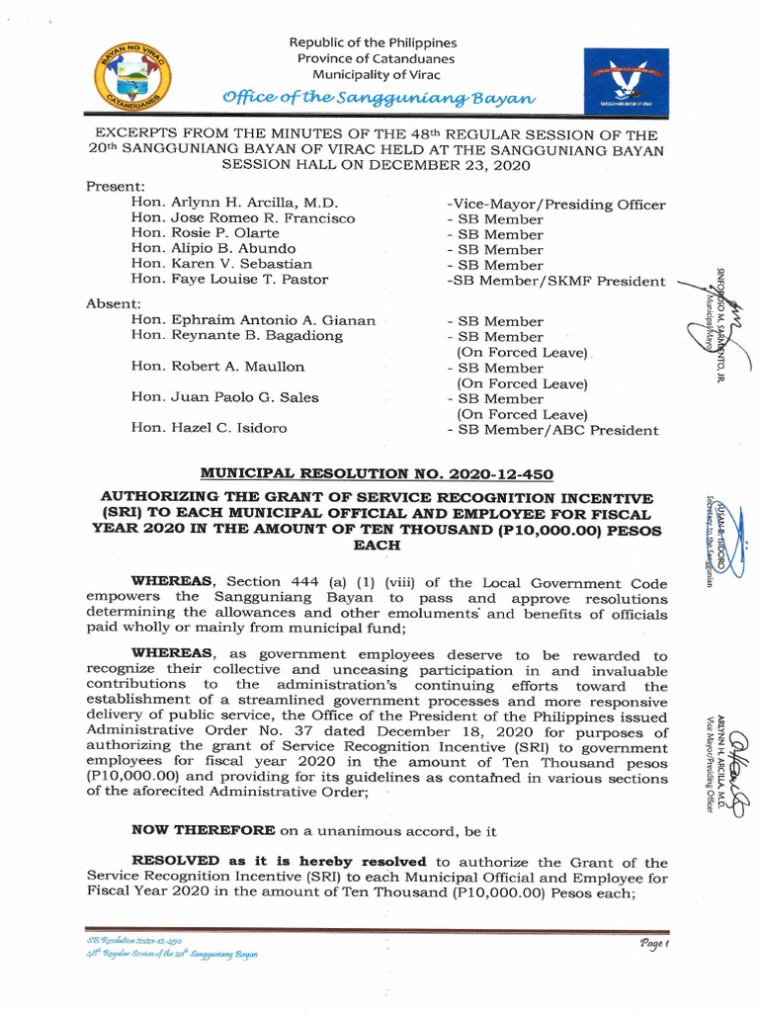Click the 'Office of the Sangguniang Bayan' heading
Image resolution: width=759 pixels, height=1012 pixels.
click(x=379, y=97)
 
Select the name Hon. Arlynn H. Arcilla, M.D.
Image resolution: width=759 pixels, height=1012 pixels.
click(x=234, y=203)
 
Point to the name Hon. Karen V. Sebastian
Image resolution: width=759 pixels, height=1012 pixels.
click(x=221, y=264)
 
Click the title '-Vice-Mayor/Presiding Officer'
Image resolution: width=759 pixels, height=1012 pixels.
click(x=555, y=205)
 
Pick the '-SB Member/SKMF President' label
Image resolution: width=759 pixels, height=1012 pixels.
click(x=555, y=282)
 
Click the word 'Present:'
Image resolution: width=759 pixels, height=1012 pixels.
click(x=116, y=186)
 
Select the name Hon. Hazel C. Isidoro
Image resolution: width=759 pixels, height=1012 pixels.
click(x=209, y=428)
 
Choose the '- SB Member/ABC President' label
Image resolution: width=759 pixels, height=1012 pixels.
click(x=552, y=430)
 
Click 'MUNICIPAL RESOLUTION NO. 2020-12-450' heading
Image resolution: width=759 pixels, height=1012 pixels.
click(x=377, y=473)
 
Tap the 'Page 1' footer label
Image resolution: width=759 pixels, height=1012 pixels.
click(x=653, y=944)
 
